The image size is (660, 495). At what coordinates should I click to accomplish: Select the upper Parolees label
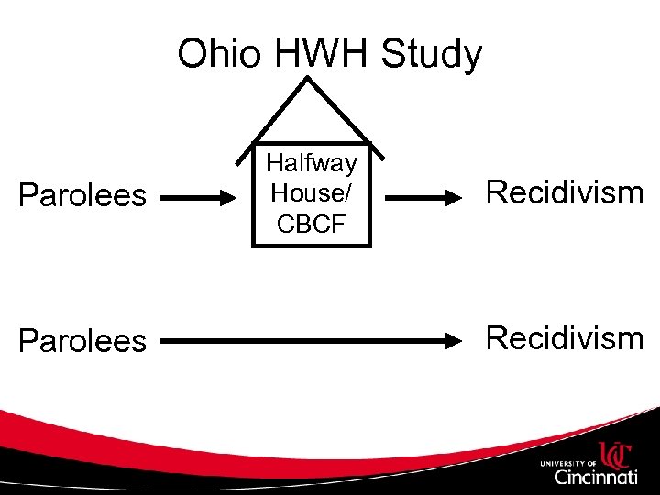(82, 195)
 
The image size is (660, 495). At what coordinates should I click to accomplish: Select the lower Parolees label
(82, 341)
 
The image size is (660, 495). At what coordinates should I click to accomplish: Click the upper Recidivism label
(565, 192)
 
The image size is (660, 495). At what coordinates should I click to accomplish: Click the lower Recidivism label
(565, 338)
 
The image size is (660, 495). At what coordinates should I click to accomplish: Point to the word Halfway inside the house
(312, 164)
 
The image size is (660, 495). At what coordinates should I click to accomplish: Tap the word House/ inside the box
(312, 194)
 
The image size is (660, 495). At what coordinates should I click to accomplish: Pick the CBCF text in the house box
(312, 224)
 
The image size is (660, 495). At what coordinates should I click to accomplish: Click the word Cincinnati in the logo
(595, 476)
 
